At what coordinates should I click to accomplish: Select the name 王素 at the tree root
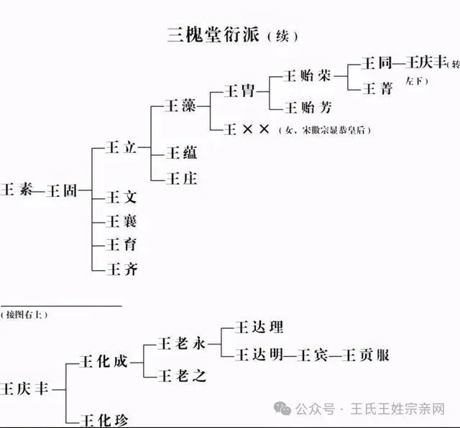coord(18,191)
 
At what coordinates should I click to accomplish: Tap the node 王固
coord(63,191)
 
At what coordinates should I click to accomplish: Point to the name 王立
coord(121,147)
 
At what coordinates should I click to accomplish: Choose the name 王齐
coord(121,269)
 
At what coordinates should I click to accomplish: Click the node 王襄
coord(121,220)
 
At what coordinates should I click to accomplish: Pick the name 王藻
coord(180,106)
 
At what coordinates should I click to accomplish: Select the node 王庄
coord(180,177)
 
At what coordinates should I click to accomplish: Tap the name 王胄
coord(239,90)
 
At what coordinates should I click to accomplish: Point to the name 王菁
coord(379,88)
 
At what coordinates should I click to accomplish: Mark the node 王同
coord(379,63)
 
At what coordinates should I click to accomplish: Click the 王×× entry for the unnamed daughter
coord(247,129)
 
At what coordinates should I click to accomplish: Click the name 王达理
coord(259,327)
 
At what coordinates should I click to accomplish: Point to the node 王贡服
coord(369,354)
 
